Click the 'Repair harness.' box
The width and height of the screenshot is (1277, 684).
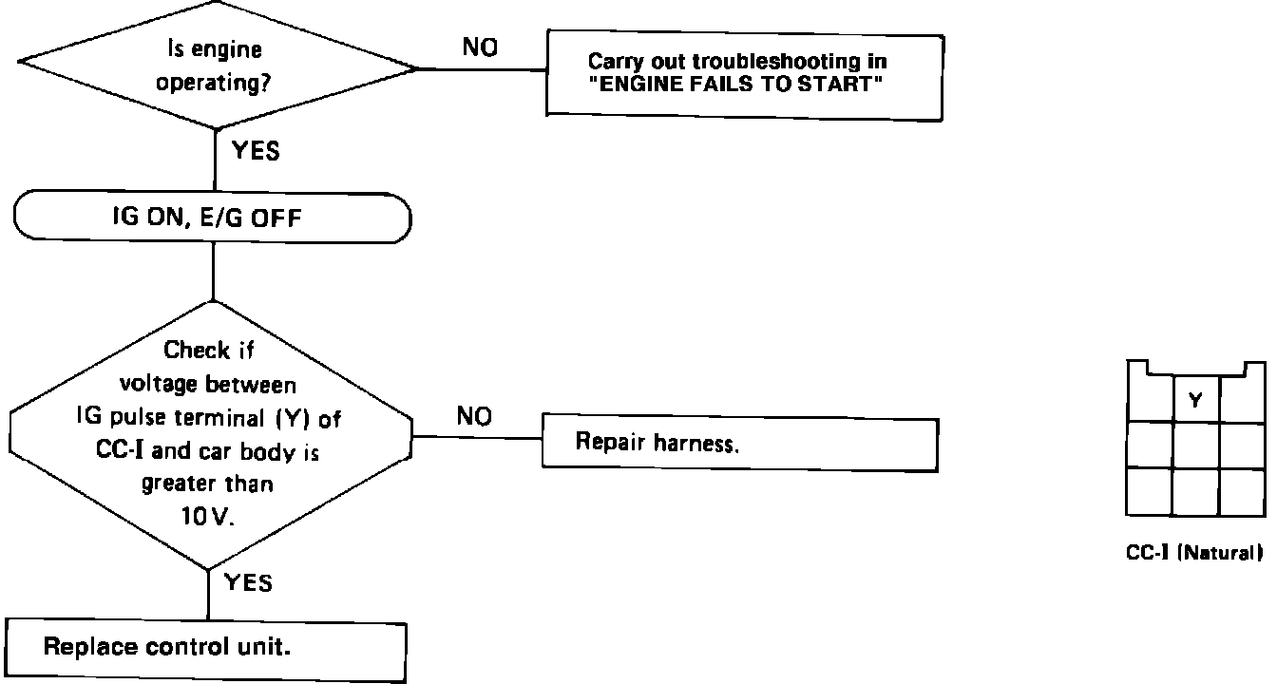(x=739, y=443)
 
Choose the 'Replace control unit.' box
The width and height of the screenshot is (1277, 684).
(x=207, y=648)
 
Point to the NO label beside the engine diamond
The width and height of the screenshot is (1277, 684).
(x=481, y=47)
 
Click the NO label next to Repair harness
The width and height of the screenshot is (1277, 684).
(x=475, y=417)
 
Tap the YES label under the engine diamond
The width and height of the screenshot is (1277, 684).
(x=255, y=150)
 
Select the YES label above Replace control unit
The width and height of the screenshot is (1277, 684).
(x=248, y=582)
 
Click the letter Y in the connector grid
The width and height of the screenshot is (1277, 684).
(x=1195, y=401)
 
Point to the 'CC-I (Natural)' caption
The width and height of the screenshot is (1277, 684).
(x=1194, y=552)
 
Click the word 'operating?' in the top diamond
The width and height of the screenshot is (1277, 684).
(x=212, y=83)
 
